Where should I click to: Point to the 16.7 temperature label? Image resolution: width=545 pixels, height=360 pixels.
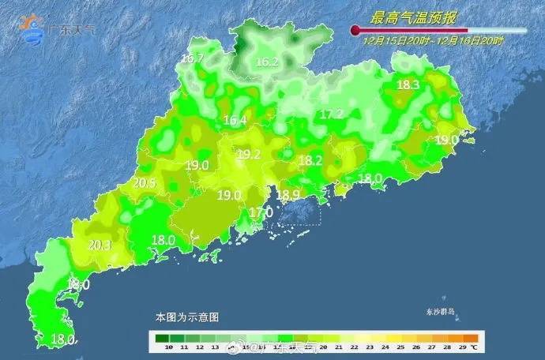192,58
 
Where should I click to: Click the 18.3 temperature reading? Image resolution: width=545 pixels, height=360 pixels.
408,85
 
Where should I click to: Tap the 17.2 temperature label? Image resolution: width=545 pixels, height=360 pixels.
331,114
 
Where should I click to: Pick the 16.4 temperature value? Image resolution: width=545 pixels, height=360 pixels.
235,120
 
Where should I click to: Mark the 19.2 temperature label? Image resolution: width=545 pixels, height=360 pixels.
249,154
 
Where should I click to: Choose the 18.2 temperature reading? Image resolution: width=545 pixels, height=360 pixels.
310,160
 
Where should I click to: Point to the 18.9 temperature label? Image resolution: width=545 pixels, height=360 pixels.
288,195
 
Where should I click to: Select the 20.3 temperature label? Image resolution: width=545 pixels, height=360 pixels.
99,245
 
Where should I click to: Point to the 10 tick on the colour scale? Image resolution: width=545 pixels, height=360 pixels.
160,347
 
